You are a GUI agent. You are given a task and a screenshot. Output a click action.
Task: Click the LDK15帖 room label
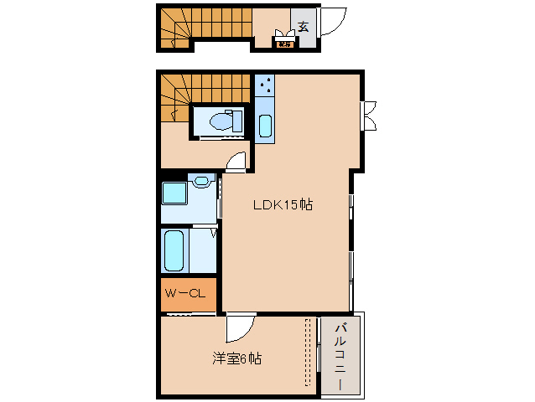click(x=283, y=204)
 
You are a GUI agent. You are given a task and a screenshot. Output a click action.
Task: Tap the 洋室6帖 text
click(x=236, y=358)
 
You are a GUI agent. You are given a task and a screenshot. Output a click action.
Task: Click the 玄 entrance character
click(x=302, y=26)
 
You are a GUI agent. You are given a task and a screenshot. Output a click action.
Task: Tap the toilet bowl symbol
click(x=221, y=121)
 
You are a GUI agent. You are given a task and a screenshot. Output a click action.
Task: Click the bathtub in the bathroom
click(x=174, y=250)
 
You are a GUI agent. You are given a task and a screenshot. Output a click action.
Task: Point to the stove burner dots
click(x=265, y=85)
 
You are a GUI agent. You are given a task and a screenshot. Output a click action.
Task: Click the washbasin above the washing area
click(x=201, y=180)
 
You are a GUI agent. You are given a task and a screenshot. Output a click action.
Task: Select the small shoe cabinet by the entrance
click(x=283, y=41)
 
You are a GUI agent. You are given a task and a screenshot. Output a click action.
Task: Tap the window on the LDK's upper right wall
click(x=368, y=115)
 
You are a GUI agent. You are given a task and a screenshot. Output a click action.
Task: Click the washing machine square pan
click(x=174, y=193)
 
